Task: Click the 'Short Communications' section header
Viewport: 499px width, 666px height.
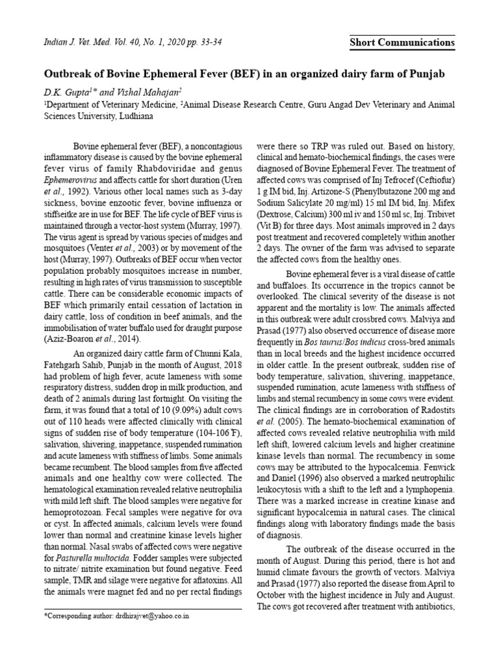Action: (402, 43)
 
